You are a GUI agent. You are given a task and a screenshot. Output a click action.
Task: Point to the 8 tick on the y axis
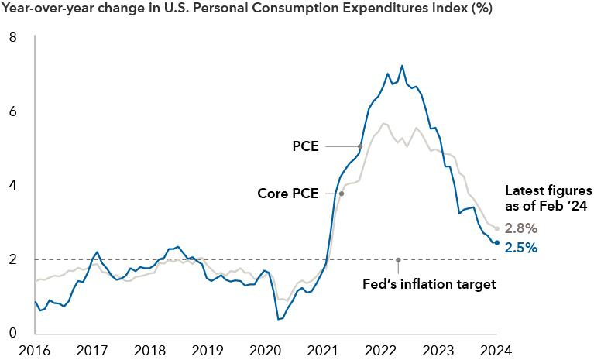click(12, 37)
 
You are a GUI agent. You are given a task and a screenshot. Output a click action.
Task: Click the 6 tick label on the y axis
click(12, 111)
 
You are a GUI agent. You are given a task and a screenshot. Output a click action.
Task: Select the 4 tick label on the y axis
click(12, 186)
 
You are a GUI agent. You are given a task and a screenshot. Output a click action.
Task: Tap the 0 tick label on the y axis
click(12, 334)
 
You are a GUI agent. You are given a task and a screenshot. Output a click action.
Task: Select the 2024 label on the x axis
click(496, 350)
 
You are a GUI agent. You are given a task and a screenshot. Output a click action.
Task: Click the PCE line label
click(306, 146)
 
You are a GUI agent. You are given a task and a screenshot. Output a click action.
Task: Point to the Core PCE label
click(288, 194)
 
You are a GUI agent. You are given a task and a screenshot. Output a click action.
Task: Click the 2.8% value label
click(521, 228)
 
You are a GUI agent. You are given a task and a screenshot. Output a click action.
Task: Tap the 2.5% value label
click(521, 248)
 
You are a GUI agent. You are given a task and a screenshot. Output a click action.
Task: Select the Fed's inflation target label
click(428, 284)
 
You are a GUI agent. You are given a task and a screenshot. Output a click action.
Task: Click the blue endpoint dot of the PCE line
click(496, 242)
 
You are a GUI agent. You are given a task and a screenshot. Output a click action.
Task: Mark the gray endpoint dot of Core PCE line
click(496, 228)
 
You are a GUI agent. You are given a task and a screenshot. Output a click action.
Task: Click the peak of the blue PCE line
click(402, 66)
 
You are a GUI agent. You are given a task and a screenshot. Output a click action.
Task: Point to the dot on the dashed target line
click(398, 260)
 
